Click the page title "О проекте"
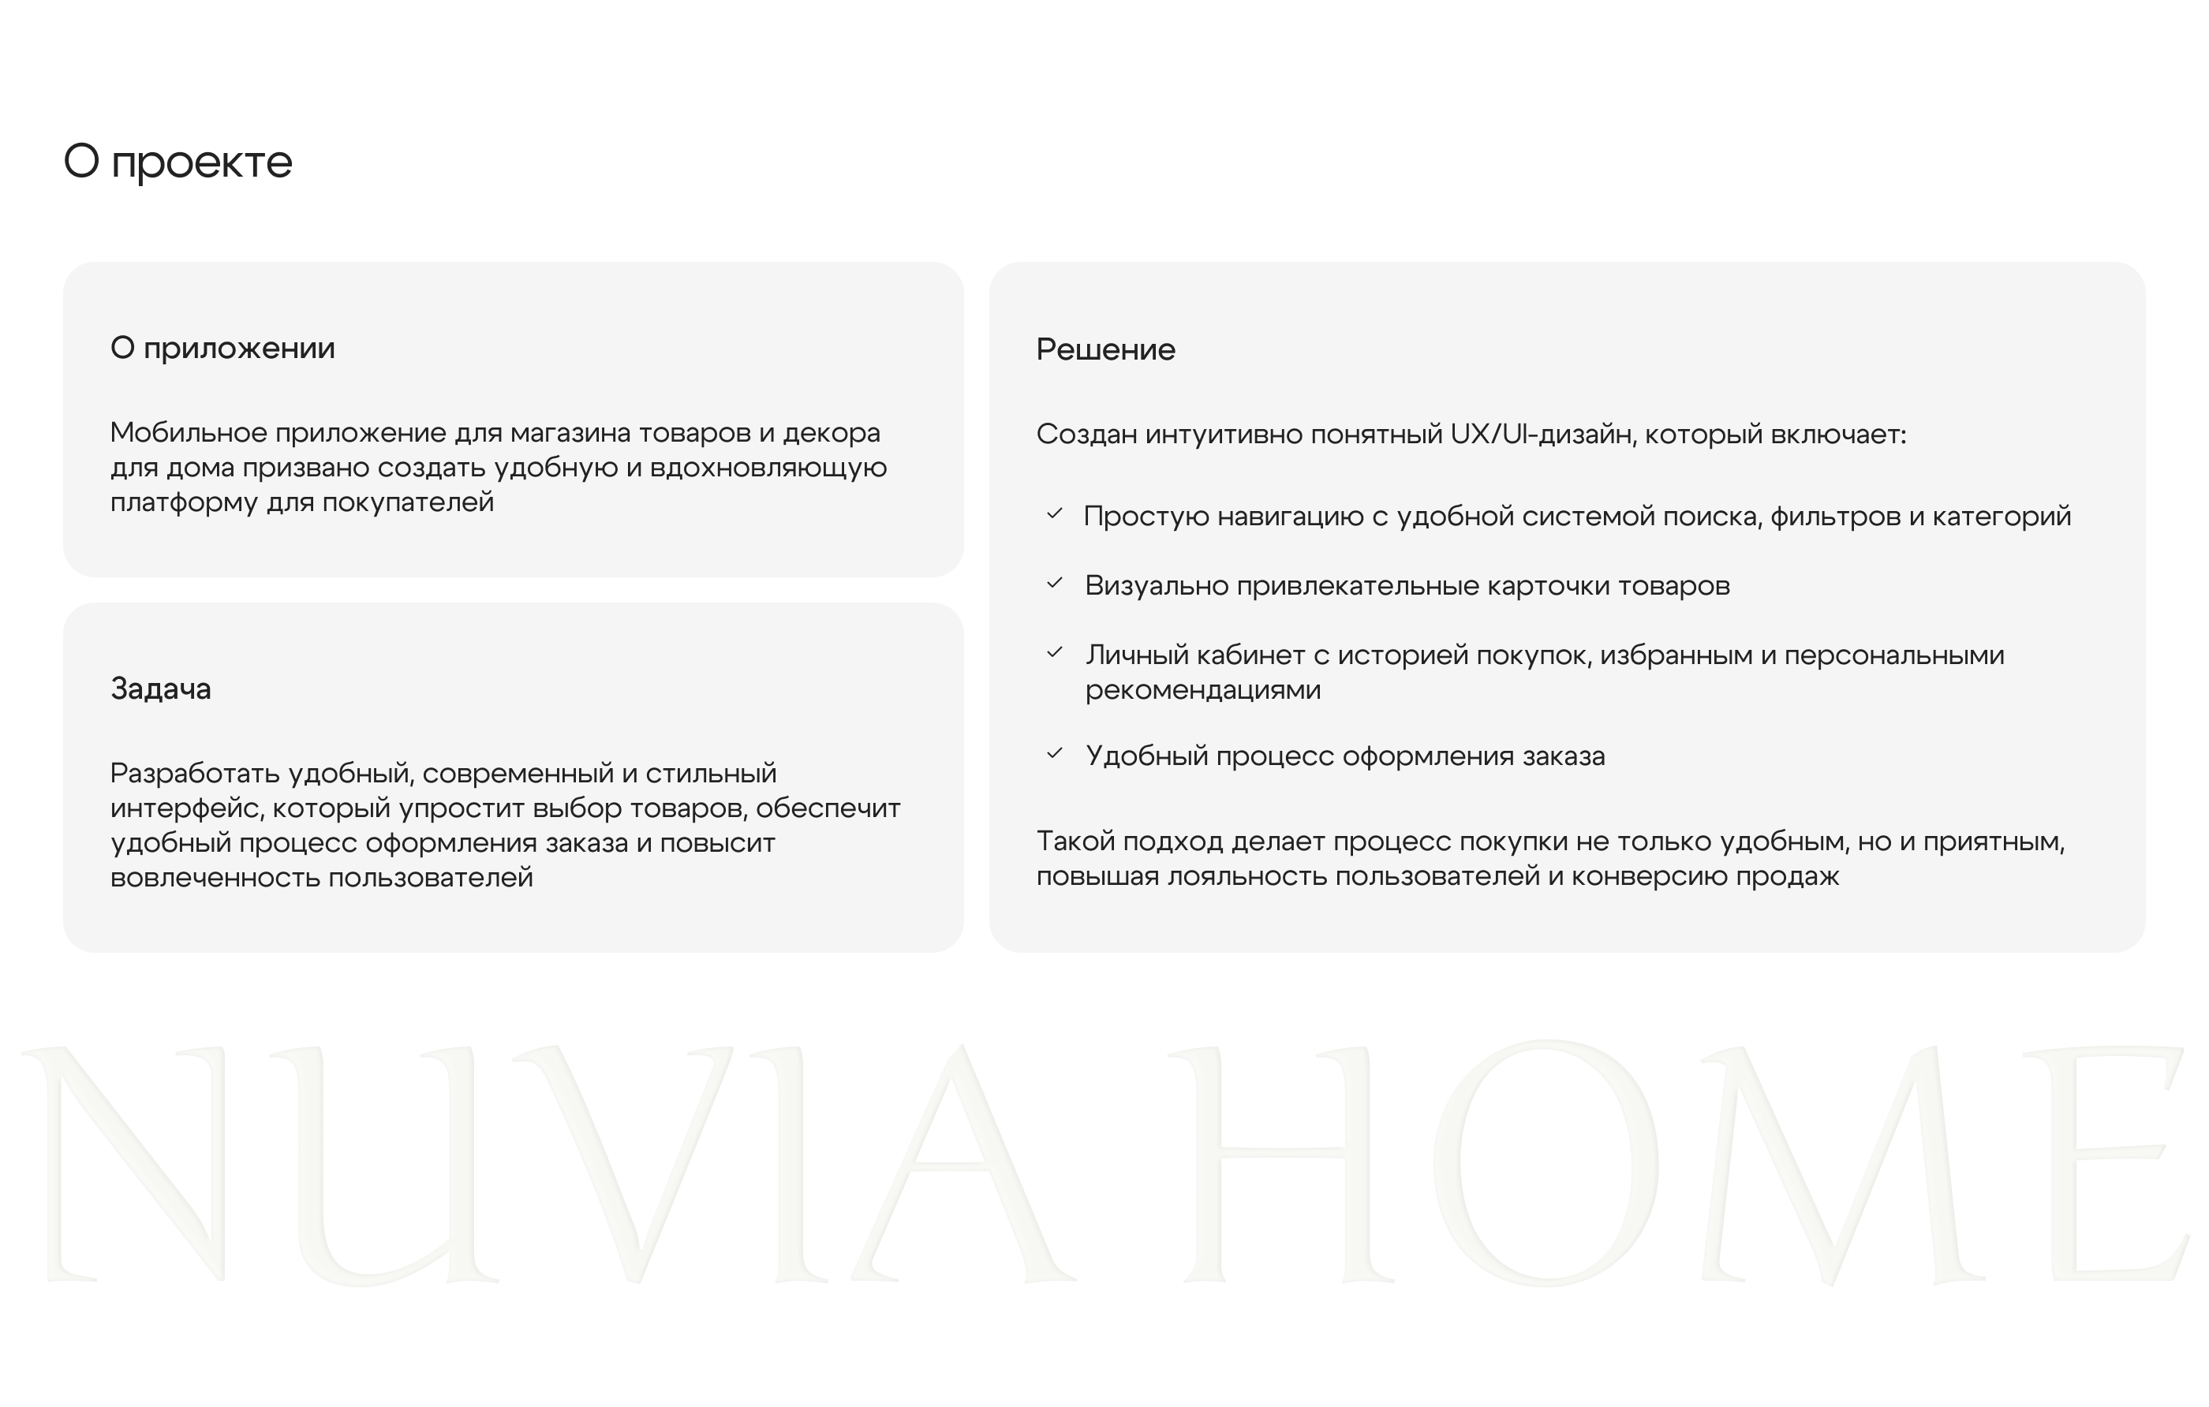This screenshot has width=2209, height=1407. pyautogui.click(x=178, y=162)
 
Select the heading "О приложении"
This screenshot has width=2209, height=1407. pyautogui.click(x=223, y=349)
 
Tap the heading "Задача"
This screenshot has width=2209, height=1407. pyautogui.click(x=160, y=689)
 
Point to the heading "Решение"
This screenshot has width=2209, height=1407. pyautogui.click(x=1105, y=349)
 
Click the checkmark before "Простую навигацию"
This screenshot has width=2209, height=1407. pyautogui.click(x=1055, y=514)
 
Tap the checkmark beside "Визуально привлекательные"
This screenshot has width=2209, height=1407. pyautogui.click(x=1055, y=584)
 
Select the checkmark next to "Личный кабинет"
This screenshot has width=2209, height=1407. pyautogui.click(x=1055, y=653)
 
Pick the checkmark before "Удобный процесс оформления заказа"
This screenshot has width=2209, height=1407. pyautogui.click(x=1055, y=754)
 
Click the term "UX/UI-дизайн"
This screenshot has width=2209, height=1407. pyautogui.click(x=1543, y=434)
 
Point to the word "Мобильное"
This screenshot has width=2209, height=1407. pyautogui.click(x=188, y=432)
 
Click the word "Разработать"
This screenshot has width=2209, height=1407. pyautogui.click(x=195, y=773)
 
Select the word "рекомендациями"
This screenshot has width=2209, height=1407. pyautogui.click(x=1202, y=690)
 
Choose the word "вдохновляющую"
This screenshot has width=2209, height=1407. pyautogui.click(x=768, y=468)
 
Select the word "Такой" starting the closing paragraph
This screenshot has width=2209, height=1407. pyautogui.click(x=1075, y=841)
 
